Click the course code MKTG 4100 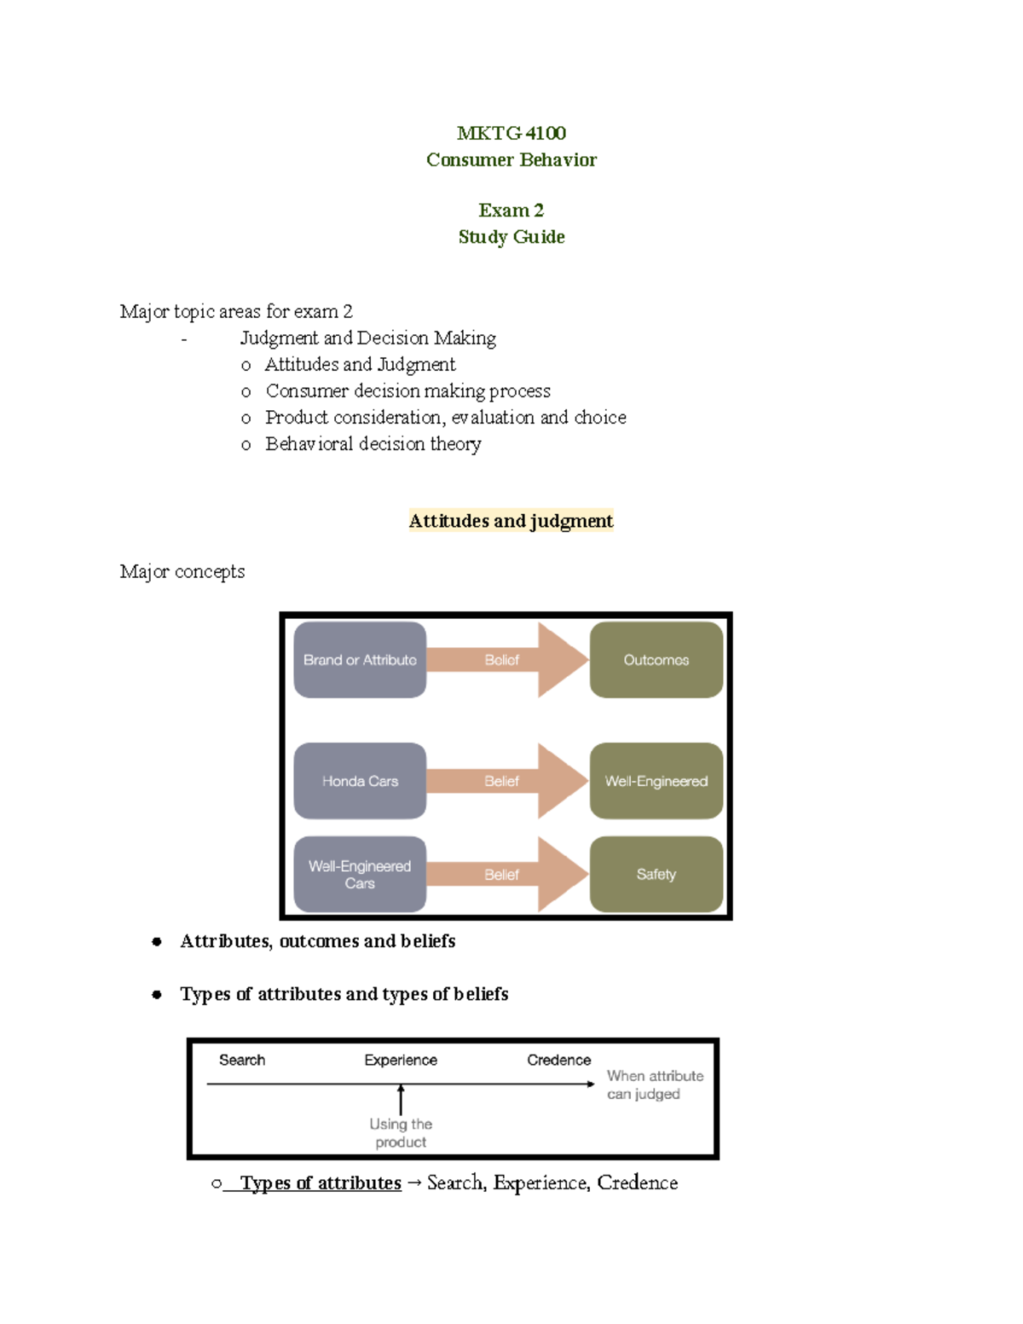pyautogui.click(x=511, y=133)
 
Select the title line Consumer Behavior pyautogui.click(x=511, y=159)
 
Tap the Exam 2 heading pyautogui.click(x=511, y=210)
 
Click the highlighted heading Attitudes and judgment pyautogui.click(x=511, y=521)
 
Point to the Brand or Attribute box pyautogui.click(x=360, y=660)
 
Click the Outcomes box pyautogui.click(x=656, y=660)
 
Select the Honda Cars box pyautogui.click(x=360, y=781)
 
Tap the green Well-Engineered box pyautogui.click(x=656, y=781)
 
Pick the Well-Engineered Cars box pyautogui.click(x=360, y=875)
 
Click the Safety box pyautogui.click(x=656, y=875)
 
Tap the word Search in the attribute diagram pyautogui.click(x=242, y=1060)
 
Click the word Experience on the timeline pyautogui.click(x=401, y=1060)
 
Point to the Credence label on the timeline pyautogui.click(x=558, y=1060)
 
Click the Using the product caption pyautogui.click(x=401, y=1133)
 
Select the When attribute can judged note pyautogui.click(x=655, y=1084)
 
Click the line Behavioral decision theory pyautogui.click(x=373, y=444)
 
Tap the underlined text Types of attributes pyautogui.click(x=321, y=1183)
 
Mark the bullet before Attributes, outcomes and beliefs pyautogui.click(x=157, y=941)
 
